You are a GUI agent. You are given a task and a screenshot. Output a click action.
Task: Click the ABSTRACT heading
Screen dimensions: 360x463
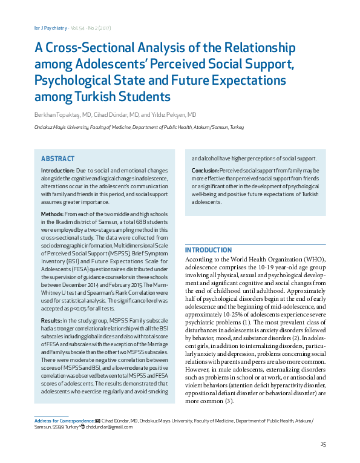(57, 159)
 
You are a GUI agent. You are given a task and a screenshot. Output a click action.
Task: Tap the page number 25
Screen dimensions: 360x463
(323, 445)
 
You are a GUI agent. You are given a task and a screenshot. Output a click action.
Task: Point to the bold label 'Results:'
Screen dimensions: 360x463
(51, 320)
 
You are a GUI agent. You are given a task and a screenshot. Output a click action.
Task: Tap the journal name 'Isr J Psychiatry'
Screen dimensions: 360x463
(40, 28)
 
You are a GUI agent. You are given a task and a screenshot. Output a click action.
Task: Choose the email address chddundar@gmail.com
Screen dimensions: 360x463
(109, 427)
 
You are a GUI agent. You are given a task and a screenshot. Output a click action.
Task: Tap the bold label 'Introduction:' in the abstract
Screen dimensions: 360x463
(57, 172)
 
